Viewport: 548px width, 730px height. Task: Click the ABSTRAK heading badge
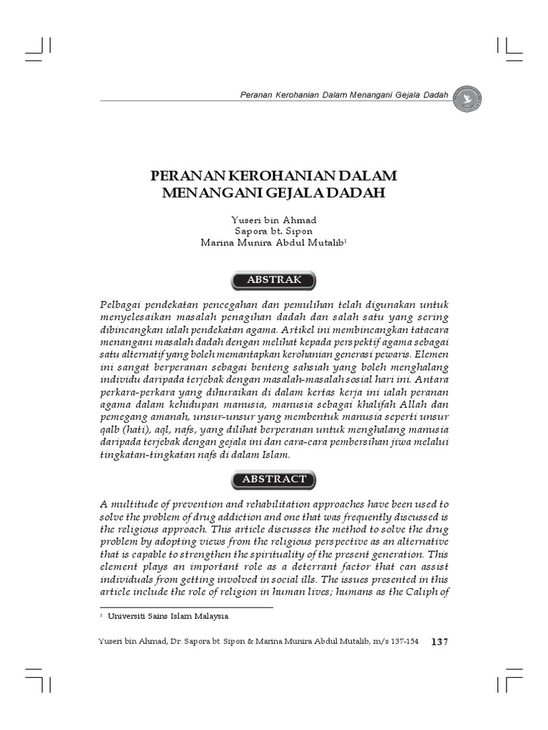(273, 280)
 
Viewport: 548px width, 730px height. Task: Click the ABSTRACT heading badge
(273, 479)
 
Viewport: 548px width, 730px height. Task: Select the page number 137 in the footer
(440, 642)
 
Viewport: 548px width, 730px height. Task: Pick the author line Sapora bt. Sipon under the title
(273, 231)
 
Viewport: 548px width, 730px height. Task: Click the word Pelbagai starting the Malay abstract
(124, 304)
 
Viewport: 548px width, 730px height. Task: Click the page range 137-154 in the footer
(403, 642)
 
